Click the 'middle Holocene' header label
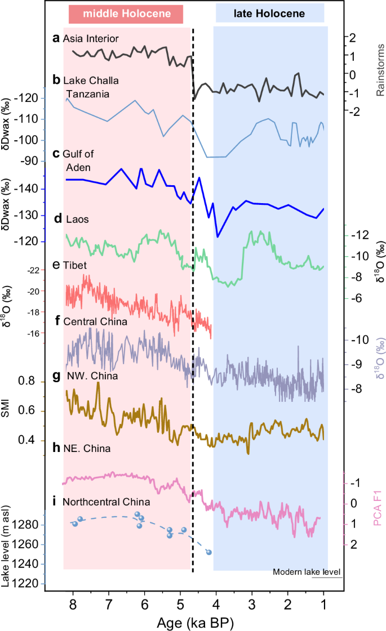pos(126,13)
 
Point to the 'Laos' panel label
pos(74,218)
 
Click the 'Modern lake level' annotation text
pos(307,572)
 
